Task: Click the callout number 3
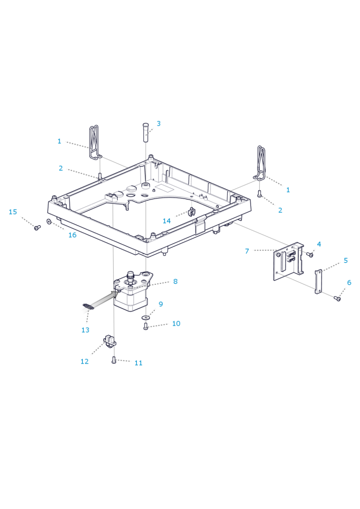158,123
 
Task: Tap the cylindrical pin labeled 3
145,132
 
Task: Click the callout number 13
85,330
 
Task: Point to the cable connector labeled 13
88,307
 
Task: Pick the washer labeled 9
146,318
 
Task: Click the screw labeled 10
146,326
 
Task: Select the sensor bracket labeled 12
110,340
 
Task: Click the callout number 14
167,221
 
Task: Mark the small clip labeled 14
191,211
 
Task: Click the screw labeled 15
37,227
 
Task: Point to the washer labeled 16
49,222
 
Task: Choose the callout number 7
247,251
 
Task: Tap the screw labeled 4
310,254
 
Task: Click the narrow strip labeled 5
318,281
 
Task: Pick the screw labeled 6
337,298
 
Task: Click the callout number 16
72,235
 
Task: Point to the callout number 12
84,361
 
